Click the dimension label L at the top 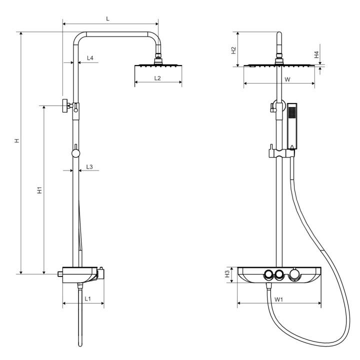pos(107,19)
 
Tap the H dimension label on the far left pos(17,140)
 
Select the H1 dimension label pos(40,190)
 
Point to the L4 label pos(90,58)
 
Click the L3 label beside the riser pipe pos(89,166)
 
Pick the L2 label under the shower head pos(157,78)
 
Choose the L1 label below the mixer pos(87,298)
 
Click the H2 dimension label pos(233,50)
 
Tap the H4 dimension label pos(317,54)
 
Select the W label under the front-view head pos(287,79)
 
